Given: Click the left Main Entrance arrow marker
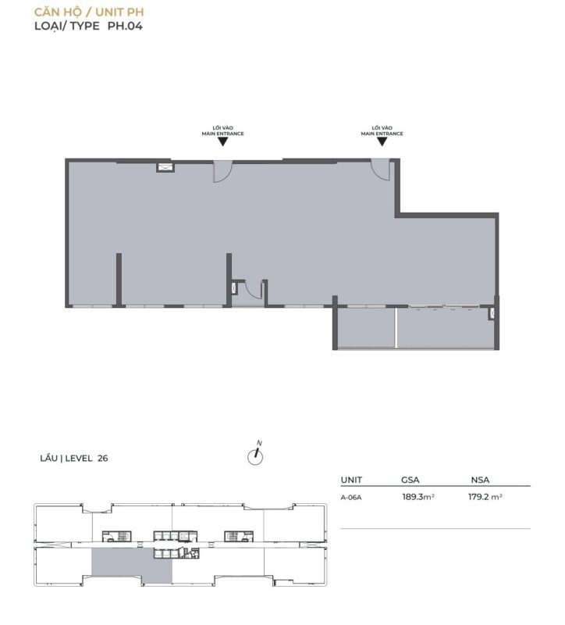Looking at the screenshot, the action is [223, 141].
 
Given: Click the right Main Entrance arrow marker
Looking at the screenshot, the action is [382, 141].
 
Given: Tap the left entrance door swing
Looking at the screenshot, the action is [222, 171].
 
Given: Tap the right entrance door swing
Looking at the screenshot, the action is [381, 170].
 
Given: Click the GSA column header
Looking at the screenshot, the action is [410, 480].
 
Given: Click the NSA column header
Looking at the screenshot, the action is [480, 480].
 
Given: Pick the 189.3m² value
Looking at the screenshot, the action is [418, 497].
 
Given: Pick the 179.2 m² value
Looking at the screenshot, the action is [485, 497].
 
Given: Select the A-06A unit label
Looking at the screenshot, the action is [351, 498].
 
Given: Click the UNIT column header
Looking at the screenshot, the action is [351, 480].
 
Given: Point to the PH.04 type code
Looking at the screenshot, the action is [125, 26].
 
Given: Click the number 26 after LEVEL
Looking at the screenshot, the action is [103, 459].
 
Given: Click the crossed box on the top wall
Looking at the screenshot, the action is [165, 167].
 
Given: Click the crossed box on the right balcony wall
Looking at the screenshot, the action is [492, 314].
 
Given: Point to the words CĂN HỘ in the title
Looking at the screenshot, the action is [58, 12].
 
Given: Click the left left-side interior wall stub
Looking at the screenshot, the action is [119, 279].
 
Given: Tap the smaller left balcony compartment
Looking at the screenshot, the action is [366, 327].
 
